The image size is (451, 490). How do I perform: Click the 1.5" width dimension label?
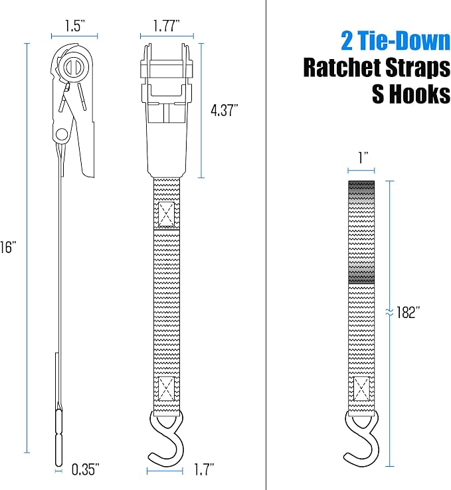coord(75,26)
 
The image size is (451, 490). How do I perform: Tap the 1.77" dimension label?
coord(167,26)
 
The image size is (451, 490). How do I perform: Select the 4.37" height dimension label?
coord(225,111)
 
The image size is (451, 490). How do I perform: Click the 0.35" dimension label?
coord(85,469)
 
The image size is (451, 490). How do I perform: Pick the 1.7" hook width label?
coord(204,469)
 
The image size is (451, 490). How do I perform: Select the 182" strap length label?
coord(408,312)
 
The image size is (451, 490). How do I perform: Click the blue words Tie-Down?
coord(404,41)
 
